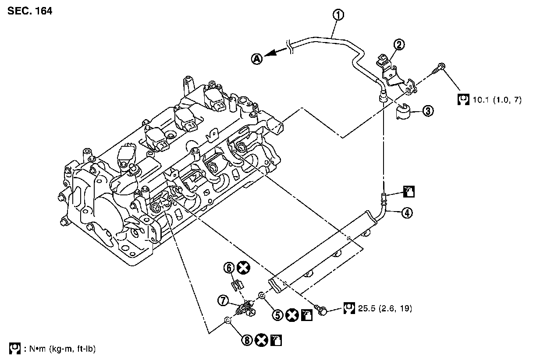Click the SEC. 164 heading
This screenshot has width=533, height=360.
coord(30,11)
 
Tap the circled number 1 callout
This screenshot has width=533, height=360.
coord(338,15)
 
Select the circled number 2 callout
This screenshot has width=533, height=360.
coord(399,44)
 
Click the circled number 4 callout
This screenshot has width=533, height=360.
coord(407,213)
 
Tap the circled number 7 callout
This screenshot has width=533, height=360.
coord(224,300)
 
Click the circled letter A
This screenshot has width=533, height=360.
coord(257,58)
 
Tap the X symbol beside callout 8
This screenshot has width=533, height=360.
coord(262,339)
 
